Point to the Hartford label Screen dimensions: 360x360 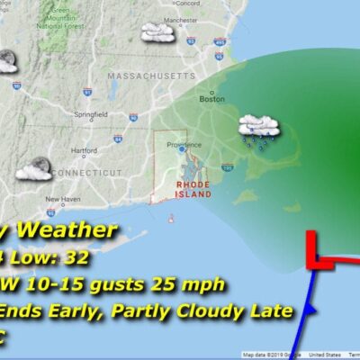(85, 150)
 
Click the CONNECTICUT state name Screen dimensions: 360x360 (85, 172)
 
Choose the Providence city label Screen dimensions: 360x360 (184, 144)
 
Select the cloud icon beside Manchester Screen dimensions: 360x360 (157, 33)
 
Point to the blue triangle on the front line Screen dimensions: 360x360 (308, 309)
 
